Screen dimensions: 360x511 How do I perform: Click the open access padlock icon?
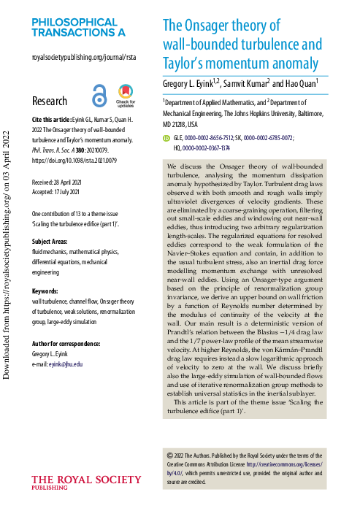[99, 96]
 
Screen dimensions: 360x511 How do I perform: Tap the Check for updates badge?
[125, 96]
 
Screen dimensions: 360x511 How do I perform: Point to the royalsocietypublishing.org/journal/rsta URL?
[84, 56]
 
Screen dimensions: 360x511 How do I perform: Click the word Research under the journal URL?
[50, 101]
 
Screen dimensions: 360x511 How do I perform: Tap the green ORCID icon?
[166, 137]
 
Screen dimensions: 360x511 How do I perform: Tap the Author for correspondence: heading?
[72, 344]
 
